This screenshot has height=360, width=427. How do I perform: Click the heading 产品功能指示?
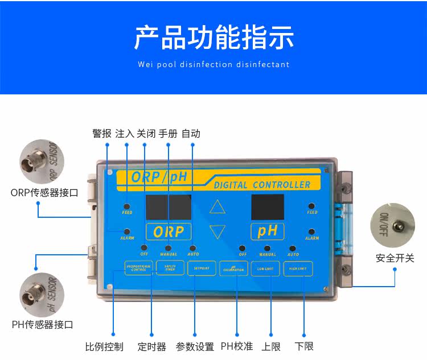[213, 37]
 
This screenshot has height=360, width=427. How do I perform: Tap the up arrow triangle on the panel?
[217, 206]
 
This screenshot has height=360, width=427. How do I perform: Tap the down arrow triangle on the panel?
[217, 231]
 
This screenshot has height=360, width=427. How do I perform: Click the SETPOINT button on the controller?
[202, 268]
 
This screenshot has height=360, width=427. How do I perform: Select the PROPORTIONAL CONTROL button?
[138, 268]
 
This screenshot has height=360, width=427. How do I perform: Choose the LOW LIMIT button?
[265, 268]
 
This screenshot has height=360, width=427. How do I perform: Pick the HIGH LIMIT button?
[297, 268]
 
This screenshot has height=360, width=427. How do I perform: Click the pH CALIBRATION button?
[233, 268]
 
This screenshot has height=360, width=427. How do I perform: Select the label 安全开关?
[395, 258]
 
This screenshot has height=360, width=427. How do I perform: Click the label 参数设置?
[195, 346]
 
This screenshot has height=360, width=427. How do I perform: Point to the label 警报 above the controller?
[102, 134]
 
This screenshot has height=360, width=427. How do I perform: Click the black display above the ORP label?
[169, 208]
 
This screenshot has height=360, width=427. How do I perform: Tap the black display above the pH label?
[267, 208]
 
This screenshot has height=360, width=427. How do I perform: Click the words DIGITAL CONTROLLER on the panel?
[262, 185]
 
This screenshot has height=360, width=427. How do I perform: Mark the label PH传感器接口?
[43, 325]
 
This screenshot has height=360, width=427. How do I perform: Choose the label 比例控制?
[104, 346]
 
